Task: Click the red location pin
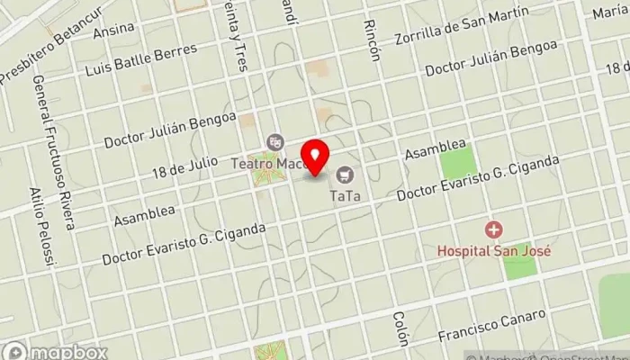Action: [x=314, y=157]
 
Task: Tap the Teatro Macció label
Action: [x=268, y=164]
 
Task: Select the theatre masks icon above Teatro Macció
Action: [x=275, y=142]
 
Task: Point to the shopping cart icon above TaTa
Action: [x=345, y=175]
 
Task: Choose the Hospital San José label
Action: [x=493, y=251]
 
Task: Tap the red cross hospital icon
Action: [x=493, y=230]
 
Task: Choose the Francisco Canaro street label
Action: [x=491, y=326]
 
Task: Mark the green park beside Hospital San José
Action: [x=520, y=267]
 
